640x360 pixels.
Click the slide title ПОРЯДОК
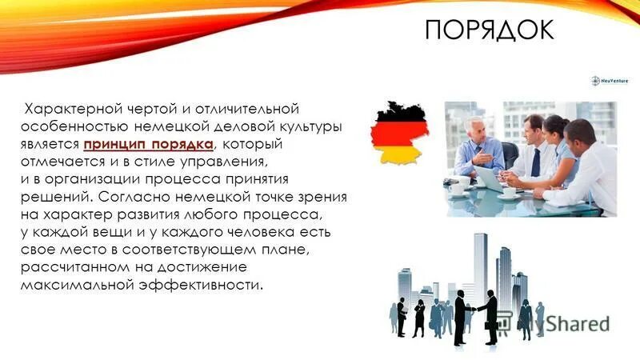(488, 30)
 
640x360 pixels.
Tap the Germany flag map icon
(400, 134)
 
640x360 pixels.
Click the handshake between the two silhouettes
(474, 309)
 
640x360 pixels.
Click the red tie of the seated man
(535, 160)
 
